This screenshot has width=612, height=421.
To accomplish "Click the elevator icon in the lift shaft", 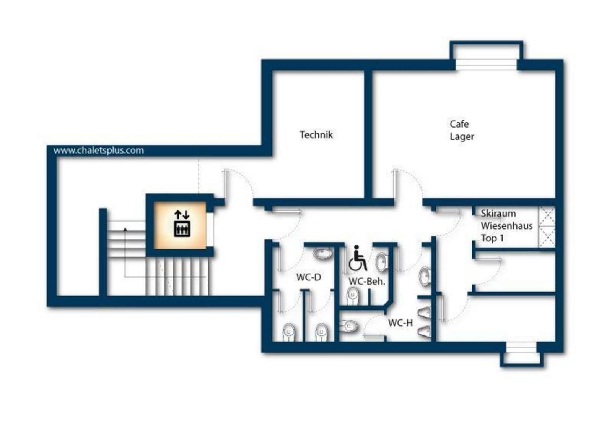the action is (x=182, y=223).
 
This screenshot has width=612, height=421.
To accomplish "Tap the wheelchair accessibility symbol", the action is (x=358, y=258).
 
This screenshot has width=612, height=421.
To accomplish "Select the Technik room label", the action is (x=316, y=134).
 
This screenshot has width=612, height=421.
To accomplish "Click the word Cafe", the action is (x=459, y=124).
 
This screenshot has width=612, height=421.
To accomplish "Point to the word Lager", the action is (x=462, y=137).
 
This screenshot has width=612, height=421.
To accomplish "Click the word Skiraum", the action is (x=498, y=213).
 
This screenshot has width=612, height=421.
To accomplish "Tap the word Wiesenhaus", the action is (x=507, y=226).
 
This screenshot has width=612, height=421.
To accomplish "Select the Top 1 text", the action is (x=492, y=238).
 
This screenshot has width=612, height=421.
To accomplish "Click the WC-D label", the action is (x=309, y=277).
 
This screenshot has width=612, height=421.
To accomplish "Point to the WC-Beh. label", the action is (x=367, y=281).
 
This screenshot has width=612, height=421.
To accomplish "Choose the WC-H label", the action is (x=400, y=323).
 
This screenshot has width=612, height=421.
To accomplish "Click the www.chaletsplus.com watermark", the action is (x=99, y=151).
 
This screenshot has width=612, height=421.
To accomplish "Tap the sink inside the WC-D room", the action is (x=322, y=254).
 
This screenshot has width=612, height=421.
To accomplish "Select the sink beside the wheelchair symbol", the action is (x=382, y=262).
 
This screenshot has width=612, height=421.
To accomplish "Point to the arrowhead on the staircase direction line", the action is (x=125, y=229).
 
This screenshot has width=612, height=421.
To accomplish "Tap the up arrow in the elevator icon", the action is (x=178, y=215).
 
